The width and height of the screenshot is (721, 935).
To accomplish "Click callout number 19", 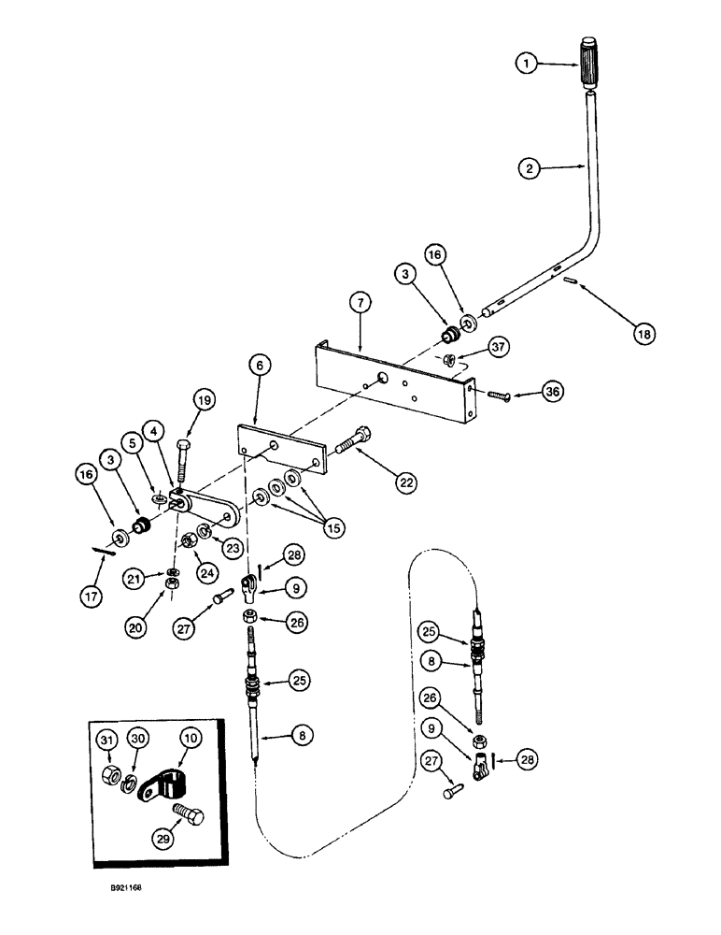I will point(205,400).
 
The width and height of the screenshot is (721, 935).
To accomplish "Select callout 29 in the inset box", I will point(166,837).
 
